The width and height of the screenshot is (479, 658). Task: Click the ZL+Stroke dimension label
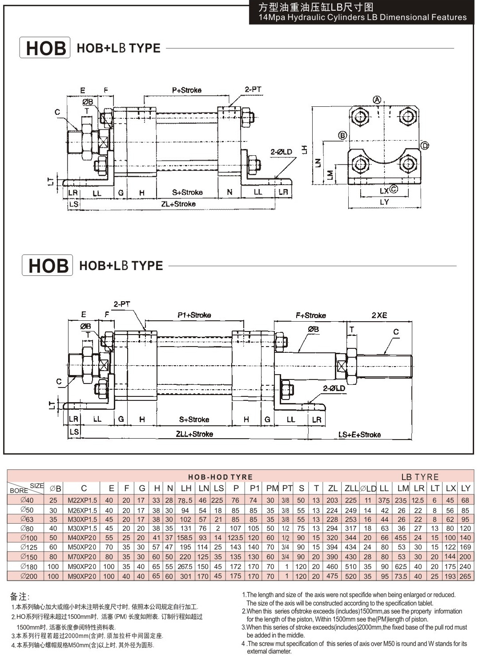tap(178, 204)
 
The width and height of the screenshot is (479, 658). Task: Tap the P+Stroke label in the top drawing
tap(187, 90)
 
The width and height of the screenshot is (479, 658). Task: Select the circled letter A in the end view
tap(377, 100)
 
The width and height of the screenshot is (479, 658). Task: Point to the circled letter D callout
tap(425, 145)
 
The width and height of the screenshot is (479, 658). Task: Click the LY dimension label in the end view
tap(384, 202)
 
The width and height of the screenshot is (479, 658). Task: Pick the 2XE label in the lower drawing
tap(379, 315)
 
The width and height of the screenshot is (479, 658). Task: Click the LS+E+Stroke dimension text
tap(359, 435)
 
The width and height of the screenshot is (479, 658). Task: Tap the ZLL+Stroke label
tap(194, 434)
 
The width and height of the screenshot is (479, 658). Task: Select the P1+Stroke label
tap(194, 315)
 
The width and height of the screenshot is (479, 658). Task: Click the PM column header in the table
tap(272, 488)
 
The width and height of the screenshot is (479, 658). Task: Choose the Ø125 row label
tap(29, 547)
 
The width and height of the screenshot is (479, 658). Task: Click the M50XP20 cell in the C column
tap(82, 547)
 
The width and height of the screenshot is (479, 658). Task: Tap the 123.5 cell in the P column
tap(235, 537)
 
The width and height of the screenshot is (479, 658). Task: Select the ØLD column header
tap(368, 488)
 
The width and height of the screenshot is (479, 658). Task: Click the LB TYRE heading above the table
tap(420, 477)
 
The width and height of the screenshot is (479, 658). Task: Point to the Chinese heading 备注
tap(20, 596)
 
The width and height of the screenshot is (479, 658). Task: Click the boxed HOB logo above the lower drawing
tap(47, 265)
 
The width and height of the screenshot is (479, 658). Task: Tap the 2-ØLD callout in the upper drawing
tap(282, 152)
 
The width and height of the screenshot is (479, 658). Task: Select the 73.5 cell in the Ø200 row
tap(401, 576)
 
